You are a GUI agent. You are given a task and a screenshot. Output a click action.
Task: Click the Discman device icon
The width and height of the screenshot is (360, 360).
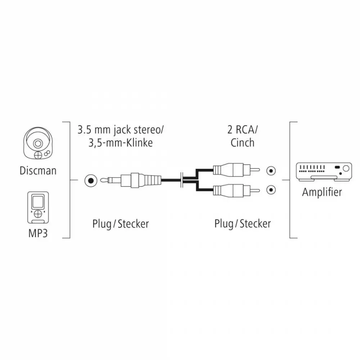pos(38,144)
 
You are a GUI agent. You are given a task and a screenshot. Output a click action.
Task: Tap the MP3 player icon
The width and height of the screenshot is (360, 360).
pos(38,208)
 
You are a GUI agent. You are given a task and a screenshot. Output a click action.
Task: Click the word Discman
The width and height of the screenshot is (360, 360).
pos(38,171)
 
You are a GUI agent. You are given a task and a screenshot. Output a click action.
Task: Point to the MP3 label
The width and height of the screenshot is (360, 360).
pos(38,233)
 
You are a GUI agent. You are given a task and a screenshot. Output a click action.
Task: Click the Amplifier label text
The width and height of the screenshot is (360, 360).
pos(322,192)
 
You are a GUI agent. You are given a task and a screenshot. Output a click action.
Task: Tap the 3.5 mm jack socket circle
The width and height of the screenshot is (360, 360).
pos(91,181)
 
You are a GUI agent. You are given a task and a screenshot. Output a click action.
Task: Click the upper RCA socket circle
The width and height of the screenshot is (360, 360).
pos(271,171)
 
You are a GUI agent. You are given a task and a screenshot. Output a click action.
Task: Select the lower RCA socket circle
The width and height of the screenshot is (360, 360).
pos(271,190)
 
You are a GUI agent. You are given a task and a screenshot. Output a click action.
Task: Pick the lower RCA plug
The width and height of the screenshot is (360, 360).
pos(237,190)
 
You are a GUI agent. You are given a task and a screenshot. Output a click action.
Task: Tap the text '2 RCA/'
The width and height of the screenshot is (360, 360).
pos(242,130)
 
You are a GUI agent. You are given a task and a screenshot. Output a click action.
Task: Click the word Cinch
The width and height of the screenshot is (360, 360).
pos(242,143)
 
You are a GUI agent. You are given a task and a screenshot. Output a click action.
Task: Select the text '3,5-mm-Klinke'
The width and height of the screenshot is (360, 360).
pos(121,143)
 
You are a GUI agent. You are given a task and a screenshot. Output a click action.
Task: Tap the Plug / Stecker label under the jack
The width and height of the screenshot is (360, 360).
pos(121,224)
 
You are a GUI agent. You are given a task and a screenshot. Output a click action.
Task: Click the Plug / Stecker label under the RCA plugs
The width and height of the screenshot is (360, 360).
pos(242,224)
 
